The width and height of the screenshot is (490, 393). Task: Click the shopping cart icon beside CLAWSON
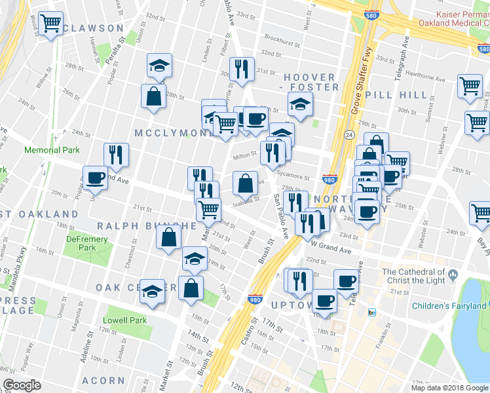click(x=50, y=24)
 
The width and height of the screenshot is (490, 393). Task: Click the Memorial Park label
click(x=52, y=150)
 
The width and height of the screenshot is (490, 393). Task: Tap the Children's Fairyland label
click(x=449, y=306)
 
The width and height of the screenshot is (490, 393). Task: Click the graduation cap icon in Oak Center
click(x=153, y=290)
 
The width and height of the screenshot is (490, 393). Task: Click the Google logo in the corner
click(x=22, y=385)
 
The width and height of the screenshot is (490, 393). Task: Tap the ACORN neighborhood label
click(x=104, y=381)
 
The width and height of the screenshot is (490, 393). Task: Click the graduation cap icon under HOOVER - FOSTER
click(x=300, y=103)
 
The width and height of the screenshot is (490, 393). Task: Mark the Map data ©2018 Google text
click(x=449, y=388)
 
